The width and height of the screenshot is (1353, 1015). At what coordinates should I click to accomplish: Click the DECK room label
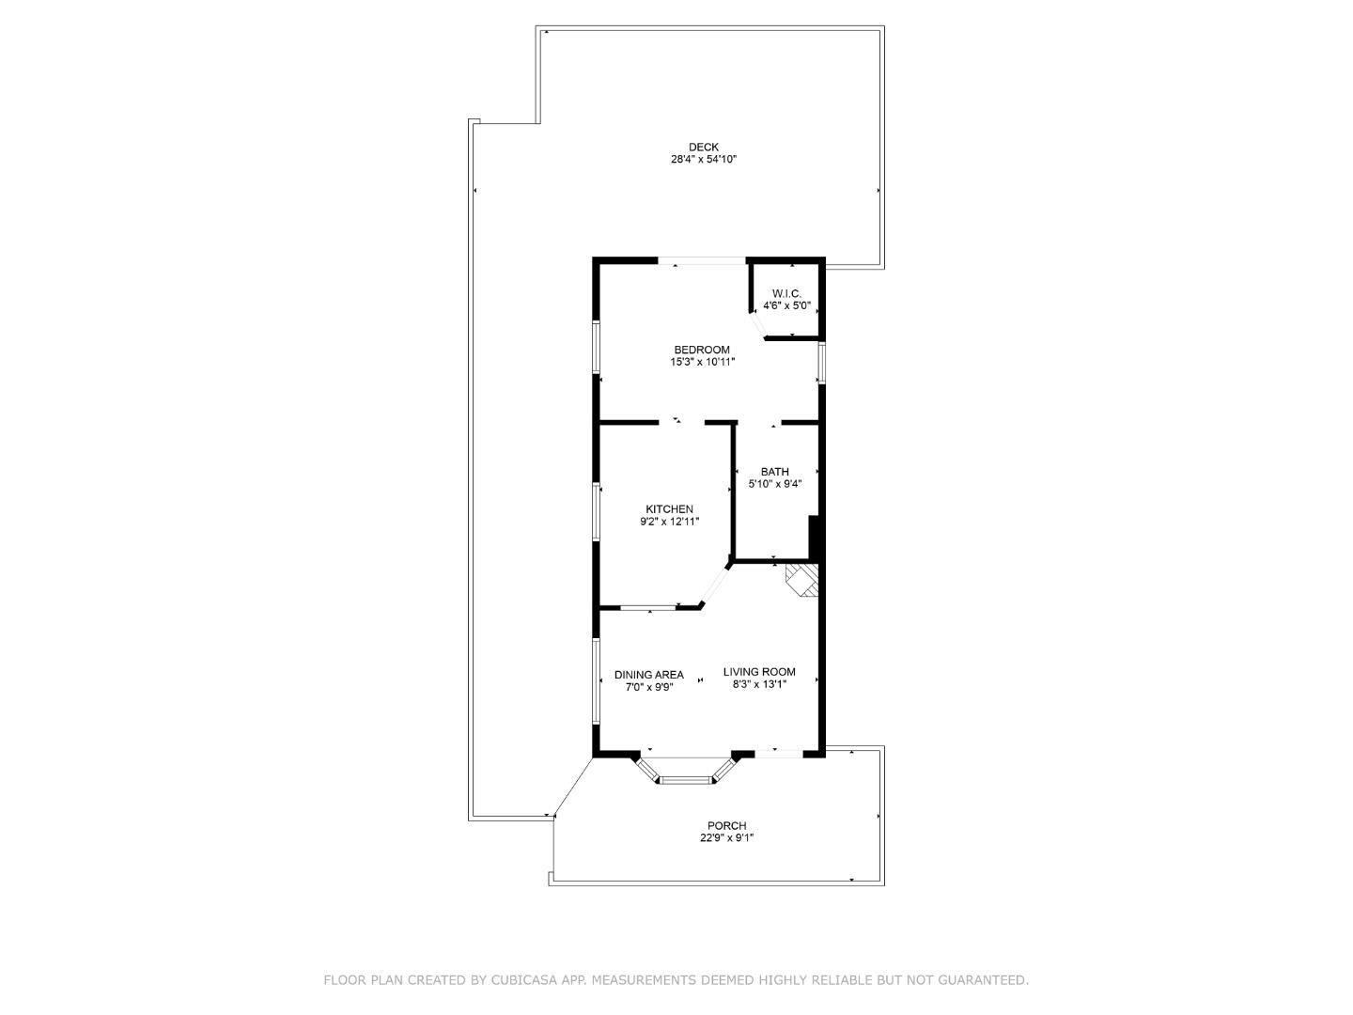(x=703, y=147)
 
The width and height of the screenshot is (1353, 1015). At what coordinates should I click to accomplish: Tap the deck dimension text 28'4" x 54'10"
(x=703, y=160)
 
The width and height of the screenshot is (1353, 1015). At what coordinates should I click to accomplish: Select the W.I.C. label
(x=786, y=293)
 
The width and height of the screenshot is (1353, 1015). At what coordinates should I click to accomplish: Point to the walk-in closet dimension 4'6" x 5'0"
(x=786, y=305)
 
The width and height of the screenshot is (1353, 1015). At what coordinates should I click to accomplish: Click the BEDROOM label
(x=701, y=350)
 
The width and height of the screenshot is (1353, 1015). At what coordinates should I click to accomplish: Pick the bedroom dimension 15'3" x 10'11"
(x=701, y=362)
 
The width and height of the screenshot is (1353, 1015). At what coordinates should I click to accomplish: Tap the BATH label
(x=774, y=472)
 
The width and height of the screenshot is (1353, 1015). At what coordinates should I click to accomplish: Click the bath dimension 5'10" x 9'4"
(x=774, y=484)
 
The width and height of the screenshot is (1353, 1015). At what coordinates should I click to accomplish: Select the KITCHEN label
(x=669, y=509)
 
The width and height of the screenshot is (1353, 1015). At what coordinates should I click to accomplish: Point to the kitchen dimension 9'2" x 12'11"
(x=669, y=522)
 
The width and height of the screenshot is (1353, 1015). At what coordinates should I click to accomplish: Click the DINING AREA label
(x=648, y=675)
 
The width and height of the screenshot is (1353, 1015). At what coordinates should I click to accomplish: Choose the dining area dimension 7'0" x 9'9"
(x=648, y=687)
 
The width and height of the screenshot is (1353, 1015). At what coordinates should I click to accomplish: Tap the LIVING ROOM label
(x=759, y=672)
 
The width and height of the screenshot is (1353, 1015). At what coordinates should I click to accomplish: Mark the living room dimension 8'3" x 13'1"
(x=759, y=684)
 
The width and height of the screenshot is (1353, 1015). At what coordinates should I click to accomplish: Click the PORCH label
(x=726, y=826)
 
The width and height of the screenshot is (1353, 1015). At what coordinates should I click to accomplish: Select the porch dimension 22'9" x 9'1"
(x=726, y=838)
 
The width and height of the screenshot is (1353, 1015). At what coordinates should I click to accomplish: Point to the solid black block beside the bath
(x=816, y=539)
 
